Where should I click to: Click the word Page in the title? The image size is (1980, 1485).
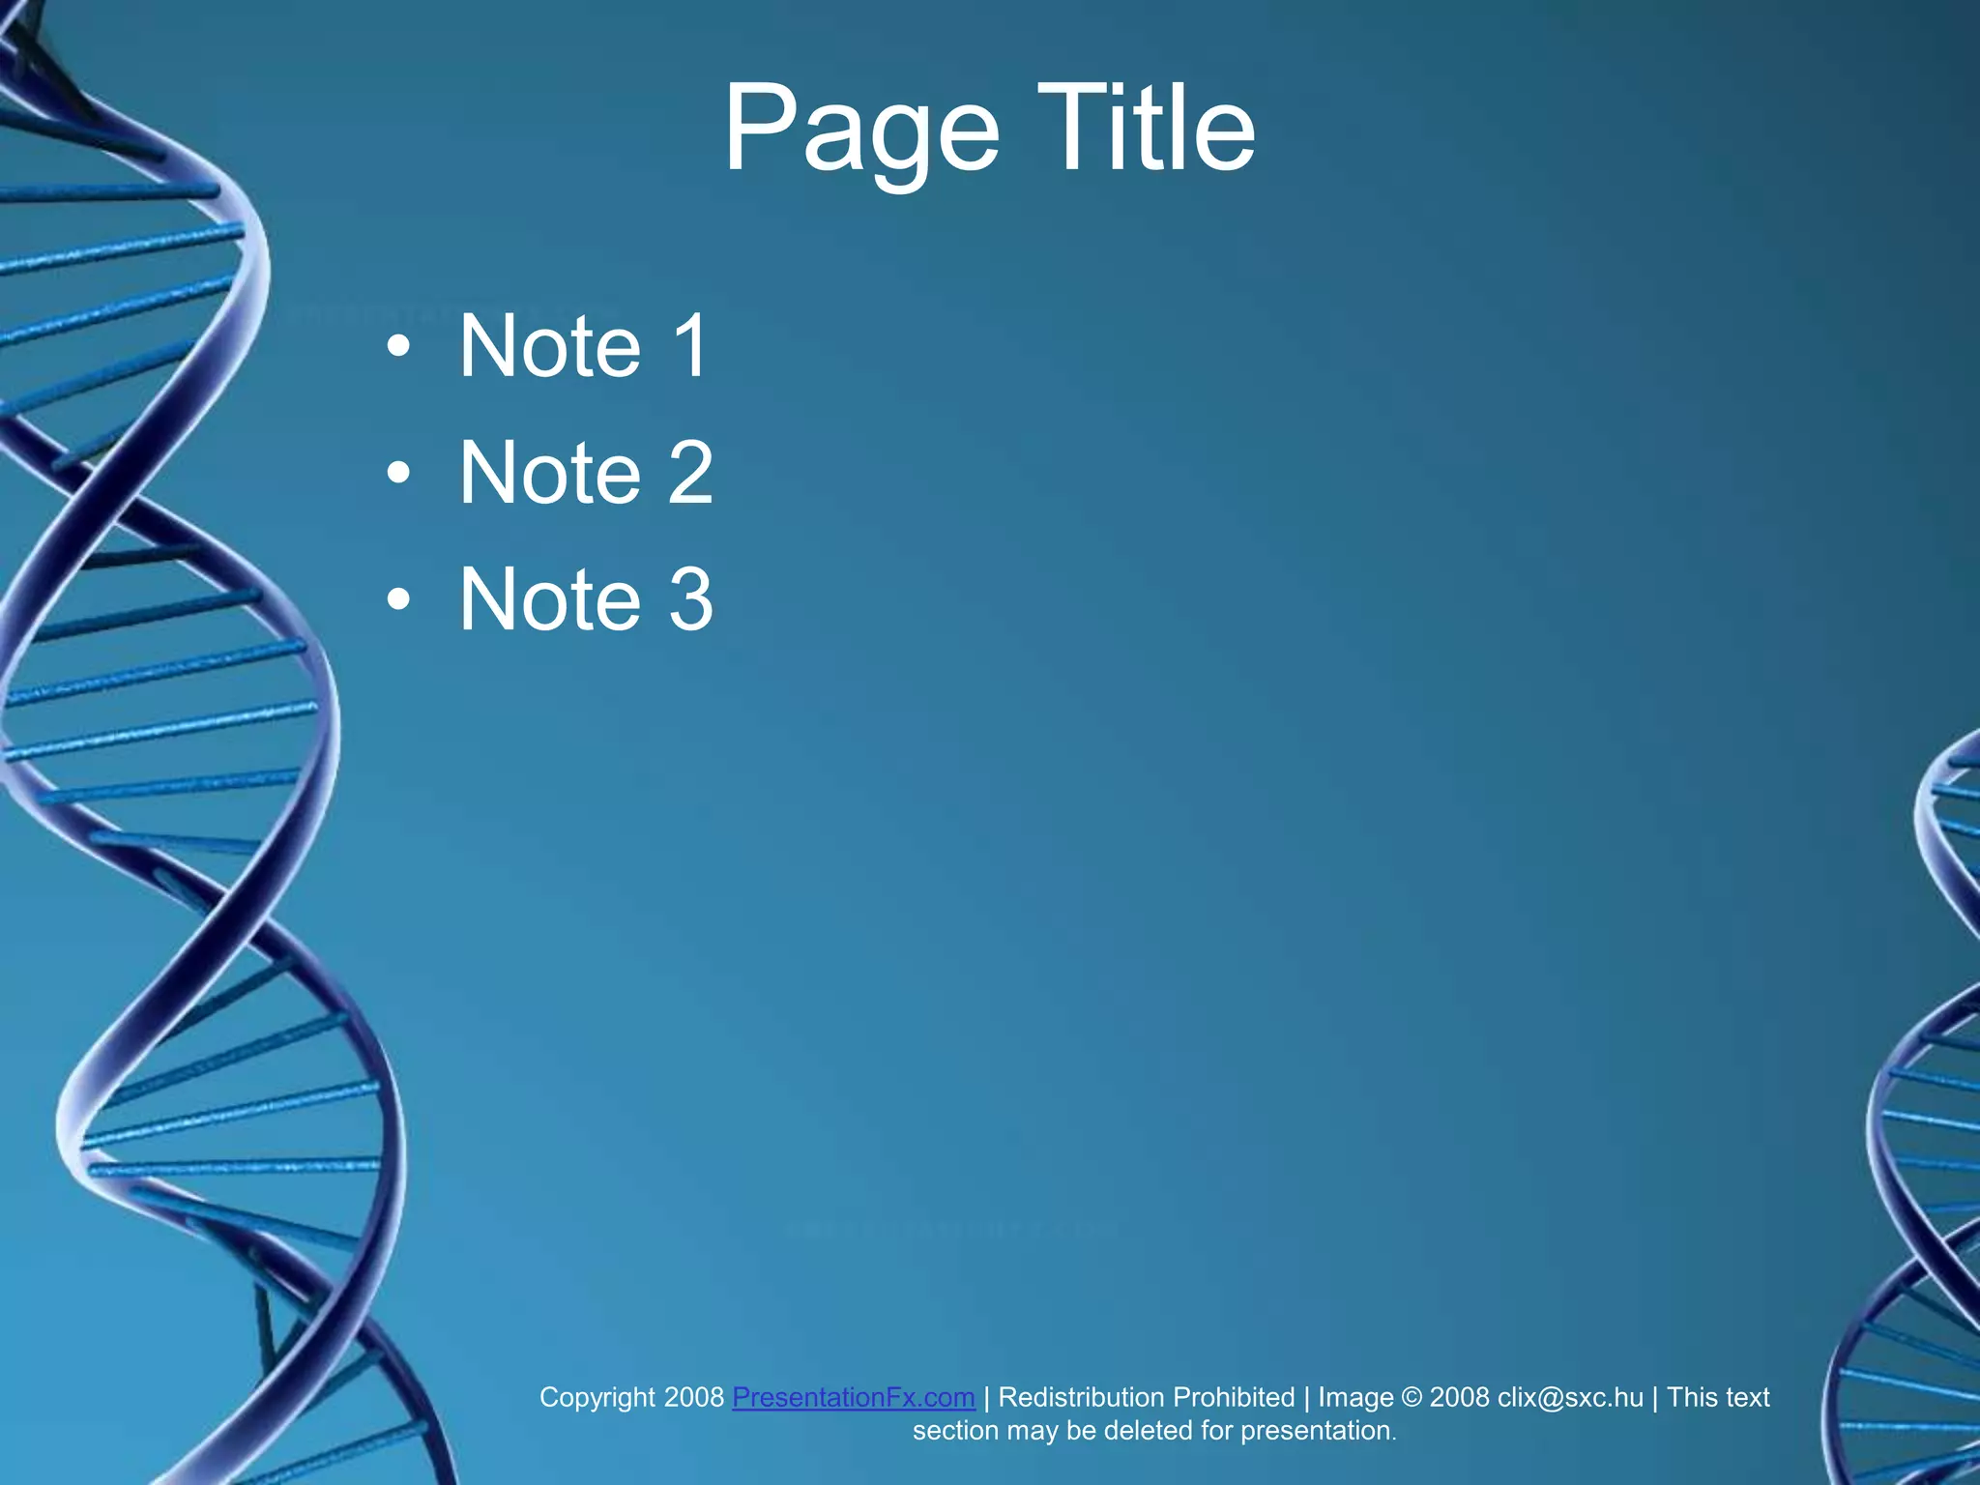click(860, 131)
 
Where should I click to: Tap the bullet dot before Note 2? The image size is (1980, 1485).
click(398, 474)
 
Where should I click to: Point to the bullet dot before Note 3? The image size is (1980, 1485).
click(398, 600)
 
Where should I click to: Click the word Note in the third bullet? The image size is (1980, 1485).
click(549, 599)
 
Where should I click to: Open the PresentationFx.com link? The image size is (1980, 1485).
click(853, 1397)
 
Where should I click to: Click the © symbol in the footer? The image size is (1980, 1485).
click(1412, 1397)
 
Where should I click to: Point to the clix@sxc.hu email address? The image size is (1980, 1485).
click(1570, 1397)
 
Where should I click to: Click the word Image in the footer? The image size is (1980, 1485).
click(1355, 1398)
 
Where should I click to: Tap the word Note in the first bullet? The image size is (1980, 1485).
click(549, 345)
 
